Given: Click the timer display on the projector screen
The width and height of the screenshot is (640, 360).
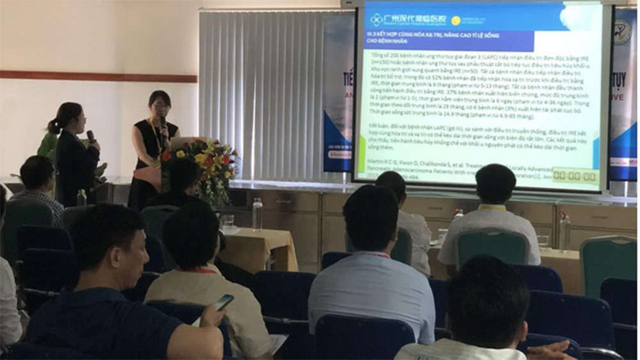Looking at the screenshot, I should click(x=574, y=176).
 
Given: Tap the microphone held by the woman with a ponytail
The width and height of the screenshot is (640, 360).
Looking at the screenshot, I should click(x=90, y=136).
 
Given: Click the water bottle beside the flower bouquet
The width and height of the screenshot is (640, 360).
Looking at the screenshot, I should click(x=257, y=213).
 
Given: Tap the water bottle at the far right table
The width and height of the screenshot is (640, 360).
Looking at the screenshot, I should click(x=564, y=231).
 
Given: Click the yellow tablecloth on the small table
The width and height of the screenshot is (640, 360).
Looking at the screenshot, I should click(x=256, y=247).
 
